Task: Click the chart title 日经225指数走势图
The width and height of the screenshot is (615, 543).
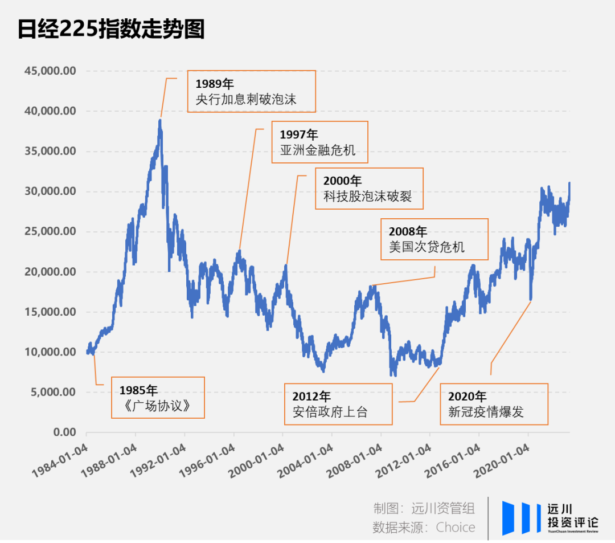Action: coord(111,29)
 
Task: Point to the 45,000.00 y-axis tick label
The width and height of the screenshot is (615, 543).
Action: coord(51,71)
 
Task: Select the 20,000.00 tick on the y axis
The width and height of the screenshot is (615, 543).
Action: coord(51,272)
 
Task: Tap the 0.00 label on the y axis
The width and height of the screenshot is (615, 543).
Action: coord(65,432)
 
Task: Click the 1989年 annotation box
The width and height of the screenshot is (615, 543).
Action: coord(251,91)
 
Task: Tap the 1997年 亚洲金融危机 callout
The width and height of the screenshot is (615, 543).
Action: coord(319,142)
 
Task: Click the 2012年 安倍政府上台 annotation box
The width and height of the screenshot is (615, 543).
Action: coord(338,404)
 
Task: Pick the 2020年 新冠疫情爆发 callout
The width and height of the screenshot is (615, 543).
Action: coord(494,404)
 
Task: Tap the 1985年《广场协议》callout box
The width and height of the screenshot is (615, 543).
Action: coord(157,398)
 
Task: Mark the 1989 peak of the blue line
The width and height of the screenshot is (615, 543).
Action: coord(160,120)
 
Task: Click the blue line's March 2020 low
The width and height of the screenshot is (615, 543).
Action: coord(531,299)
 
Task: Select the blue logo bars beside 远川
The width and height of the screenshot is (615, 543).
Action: coord(522,518)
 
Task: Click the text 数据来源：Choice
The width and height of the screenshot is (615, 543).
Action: coord(424,527)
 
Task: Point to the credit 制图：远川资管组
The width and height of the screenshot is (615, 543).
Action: coord(424,508)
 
